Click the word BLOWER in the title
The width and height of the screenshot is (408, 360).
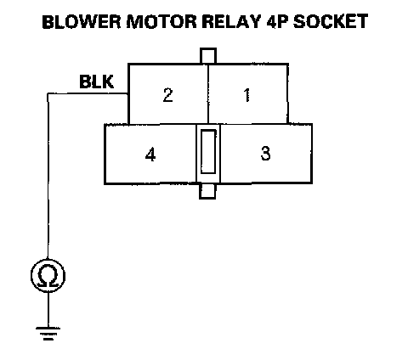pyautogui.click(x=82, y=21)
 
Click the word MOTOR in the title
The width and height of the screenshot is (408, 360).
pyautogui.click(x=161, y=21)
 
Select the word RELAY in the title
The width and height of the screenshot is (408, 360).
pyautogui.click(x=231, y=21)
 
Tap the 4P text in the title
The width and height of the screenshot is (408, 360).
pyautogui.click(x=277, y=21)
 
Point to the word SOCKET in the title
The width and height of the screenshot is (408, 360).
pyautogui.click(x=331, y=21)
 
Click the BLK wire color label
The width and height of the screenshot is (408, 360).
pyautogui.click(x=97, y=82)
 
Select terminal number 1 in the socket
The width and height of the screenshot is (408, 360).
pyautogui.click(x=246, y=95)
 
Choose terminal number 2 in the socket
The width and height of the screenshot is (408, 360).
pyautogui.click(x=167, y=95)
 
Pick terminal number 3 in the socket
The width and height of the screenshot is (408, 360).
pyautogui.click(x=265, y=154)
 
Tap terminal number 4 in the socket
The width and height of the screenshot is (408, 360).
pyautogui.click(x=150, y=155)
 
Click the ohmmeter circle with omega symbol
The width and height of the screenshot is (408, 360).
pyautogui.click(x=48, y=276)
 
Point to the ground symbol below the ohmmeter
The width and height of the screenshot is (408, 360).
pyautogui.click(x=48, y=333)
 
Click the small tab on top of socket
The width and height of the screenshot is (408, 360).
pyautogui.click(x=208, y=56)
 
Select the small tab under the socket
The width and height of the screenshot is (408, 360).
pyautogui.click(x=207, y=191)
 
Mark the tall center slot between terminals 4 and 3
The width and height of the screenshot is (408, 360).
pyautogui.click(x=208, y=152)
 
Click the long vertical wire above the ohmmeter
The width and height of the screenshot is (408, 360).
pyautogui.click(x=48, y=176)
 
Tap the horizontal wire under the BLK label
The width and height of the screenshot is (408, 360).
pyautogui.click(x=88, y=93)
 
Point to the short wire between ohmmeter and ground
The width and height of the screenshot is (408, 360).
pyautogui.click(x=48, y=310)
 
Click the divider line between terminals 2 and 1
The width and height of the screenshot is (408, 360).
pyautogui.click(x=208, y=94)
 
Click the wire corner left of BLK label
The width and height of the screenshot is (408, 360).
pyautogui.click(x=48, y=93)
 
